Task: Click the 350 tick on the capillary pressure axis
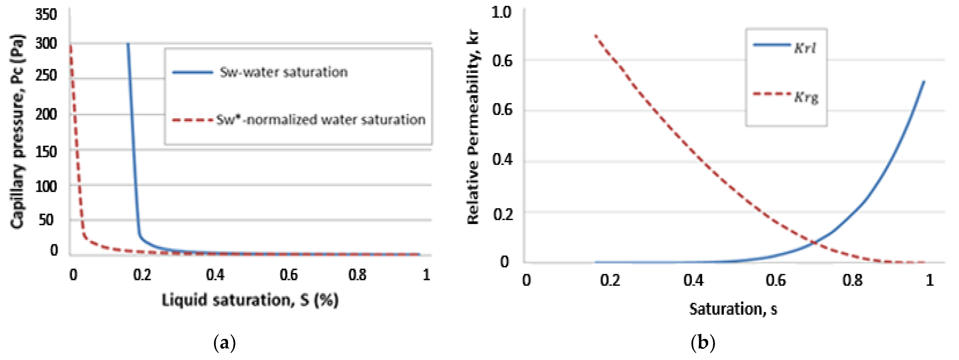(46, 15)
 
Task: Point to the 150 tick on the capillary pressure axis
(46, 151)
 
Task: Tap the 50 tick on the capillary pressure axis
(46, 220)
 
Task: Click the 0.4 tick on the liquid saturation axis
(215, 275)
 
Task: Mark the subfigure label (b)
(703, 343)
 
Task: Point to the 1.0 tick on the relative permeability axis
(501, 12)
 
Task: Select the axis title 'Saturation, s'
(733, 309)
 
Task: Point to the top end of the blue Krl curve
(924, 82)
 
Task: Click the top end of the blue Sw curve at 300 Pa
(128, 44)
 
